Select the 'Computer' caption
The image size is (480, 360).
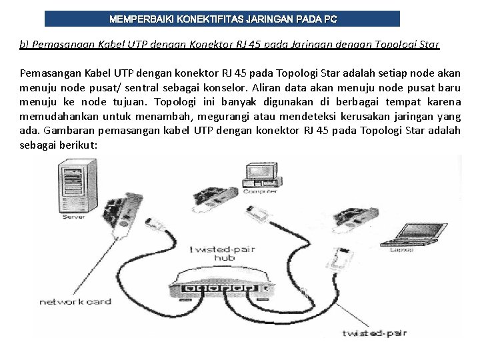pyautogui.click(x=260, y=191)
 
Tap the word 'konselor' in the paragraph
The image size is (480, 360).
pyautogui.click(x=233, y=88)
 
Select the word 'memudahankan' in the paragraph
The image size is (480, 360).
pyautogui.click(x=54, y=117)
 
